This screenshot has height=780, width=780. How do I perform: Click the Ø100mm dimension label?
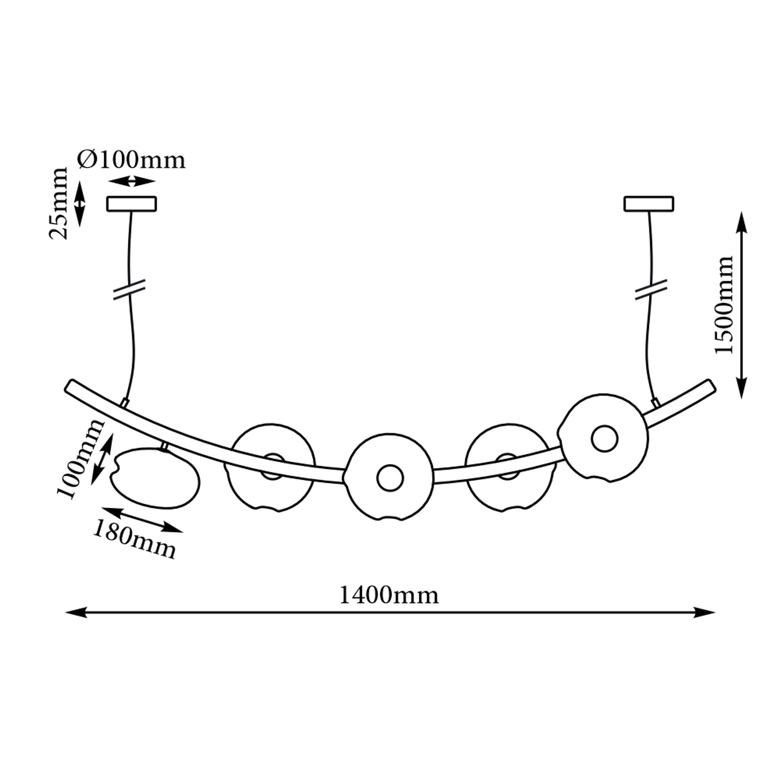tap(131, 160)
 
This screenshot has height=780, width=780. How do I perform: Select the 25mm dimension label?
tap(58, 203)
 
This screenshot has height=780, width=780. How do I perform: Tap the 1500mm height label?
tap(724, 305)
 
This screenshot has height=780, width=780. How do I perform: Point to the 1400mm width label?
tap(389, 596)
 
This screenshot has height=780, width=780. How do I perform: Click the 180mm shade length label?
tap(134, 540)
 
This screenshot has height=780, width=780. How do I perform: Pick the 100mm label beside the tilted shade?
tap(80, 459)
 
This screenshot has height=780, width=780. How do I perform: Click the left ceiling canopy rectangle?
tap(132, 204)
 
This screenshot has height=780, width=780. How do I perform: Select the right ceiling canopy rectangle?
tap(649, 204)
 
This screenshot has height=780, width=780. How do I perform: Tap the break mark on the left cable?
tap(130, 290)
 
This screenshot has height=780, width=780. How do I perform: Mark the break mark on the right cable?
tap(651, 290)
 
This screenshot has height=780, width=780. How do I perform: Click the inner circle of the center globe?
tap(390, 478)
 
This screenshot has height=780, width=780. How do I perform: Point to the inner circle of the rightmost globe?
tap(604, 438)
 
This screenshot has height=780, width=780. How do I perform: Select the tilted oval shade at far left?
tap(156, 478)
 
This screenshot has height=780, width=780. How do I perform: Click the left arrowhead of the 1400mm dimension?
tap(76, 624)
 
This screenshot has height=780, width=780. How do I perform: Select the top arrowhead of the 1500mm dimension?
tap(742, 222)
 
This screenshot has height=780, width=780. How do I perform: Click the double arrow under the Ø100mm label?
tap(132, 182)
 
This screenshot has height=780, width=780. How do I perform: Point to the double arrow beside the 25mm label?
tap(80, 204)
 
